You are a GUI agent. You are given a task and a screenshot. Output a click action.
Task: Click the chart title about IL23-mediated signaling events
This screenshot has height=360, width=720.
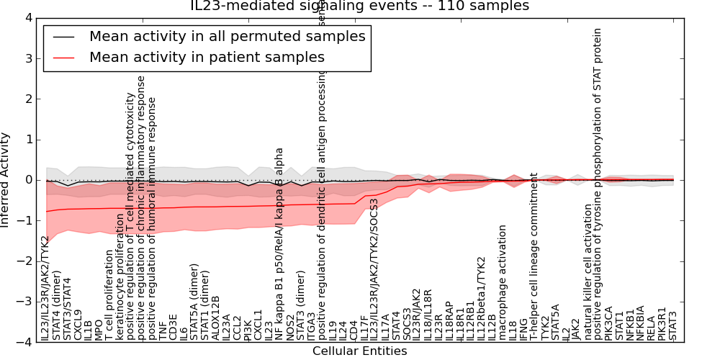[x=360, y=6]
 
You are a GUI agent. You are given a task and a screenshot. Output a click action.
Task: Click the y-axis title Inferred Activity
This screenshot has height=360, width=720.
[x=6, y=180]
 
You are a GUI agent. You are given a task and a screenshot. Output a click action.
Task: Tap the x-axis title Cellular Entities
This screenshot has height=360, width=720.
[x=359, y=351]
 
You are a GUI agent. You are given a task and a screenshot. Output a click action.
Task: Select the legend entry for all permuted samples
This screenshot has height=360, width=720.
[x=227, y=36]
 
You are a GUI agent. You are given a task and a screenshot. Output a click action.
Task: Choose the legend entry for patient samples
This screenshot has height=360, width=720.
[x=207, y=57]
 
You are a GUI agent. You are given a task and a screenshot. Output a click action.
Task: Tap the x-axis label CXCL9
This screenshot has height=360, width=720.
[x=78, y=324]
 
